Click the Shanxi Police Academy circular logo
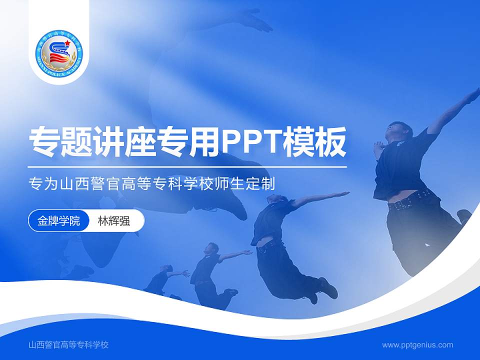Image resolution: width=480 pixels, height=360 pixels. click(59, 52)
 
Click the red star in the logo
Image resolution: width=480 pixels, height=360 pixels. click(67, 42)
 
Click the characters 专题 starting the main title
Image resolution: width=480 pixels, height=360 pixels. click(53, 142)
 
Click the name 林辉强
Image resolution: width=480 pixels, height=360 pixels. click(113, 220)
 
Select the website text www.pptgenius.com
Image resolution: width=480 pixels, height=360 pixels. click(417, 344)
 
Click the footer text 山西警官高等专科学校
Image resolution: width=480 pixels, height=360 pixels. click(69, 344)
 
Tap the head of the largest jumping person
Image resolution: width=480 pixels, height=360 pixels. click(397, 131)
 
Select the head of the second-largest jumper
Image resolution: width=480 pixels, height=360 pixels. click(276, 198)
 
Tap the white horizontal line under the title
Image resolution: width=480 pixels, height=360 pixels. click(187, 166)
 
